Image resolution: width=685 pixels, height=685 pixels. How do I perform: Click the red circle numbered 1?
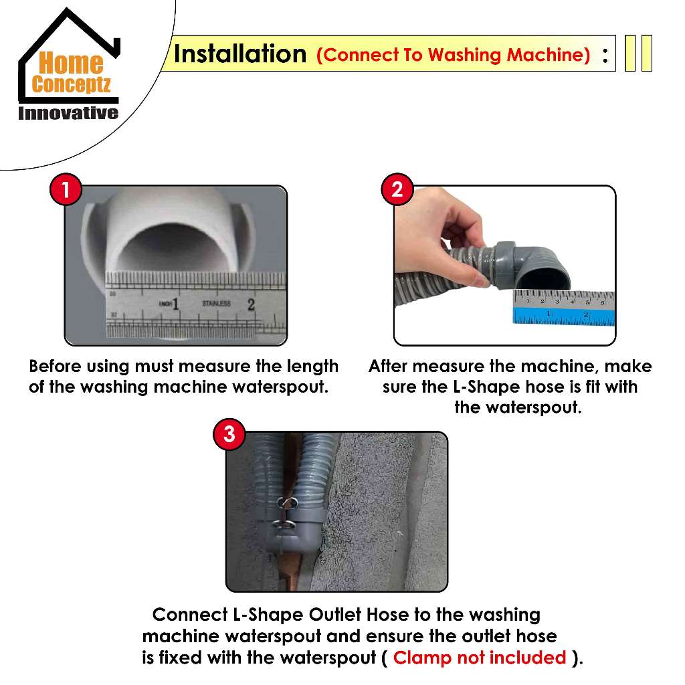66,189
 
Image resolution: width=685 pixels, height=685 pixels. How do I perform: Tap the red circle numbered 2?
397,189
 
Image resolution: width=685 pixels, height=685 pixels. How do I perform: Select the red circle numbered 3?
229,434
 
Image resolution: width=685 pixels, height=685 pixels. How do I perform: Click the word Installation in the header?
240,54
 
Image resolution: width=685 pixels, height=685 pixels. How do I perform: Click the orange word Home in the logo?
71,63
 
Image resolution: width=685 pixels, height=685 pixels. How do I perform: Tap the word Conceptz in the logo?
71,84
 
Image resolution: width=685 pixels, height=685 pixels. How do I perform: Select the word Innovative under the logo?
68,113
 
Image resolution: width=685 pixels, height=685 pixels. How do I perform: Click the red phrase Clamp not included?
479,658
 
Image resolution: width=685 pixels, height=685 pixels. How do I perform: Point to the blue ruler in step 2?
564,316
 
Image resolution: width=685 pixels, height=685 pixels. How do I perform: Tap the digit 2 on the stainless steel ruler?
251,304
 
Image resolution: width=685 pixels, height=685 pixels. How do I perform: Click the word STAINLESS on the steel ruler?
216,303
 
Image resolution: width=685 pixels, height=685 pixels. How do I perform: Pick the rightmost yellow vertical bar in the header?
647,54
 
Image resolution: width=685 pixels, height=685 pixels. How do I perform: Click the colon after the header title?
605,55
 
